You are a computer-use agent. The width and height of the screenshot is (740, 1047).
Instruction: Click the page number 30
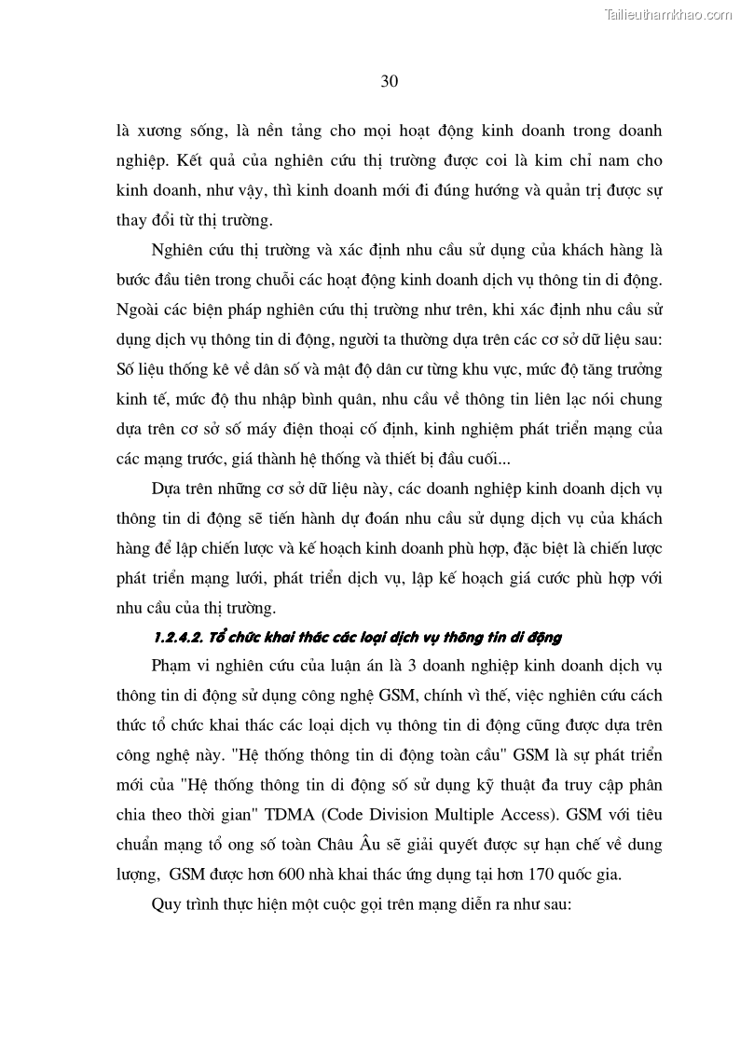click(x=390, y=81)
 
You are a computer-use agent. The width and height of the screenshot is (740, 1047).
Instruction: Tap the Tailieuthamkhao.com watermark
click(x=668, y=14)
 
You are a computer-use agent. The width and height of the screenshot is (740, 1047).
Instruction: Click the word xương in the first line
click(x=165, y=131)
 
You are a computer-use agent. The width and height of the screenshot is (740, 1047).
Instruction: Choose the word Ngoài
click(x=138, y=310)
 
